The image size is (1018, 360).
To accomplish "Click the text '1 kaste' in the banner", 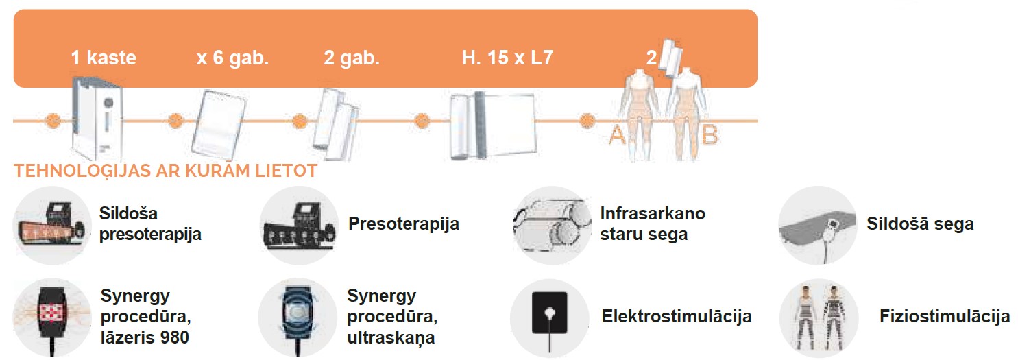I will point(104,58).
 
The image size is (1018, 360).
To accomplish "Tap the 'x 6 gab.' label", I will point(232,58).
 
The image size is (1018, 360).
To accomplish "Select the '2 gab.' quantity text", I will point(351,58).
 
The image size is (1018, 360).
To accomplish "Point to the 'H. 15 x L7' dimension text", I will point(507,58).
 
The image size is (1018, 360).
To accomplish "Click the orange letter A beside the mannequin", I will point(617,136).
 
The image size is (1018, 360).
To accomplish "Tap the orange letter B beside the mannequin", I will point(710,136).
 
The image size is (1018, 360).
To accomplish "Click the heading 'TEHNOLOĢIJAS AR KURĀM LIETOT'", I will point(165,171).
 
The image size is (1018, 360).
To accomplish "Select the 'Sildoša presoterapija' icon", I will point(52,224).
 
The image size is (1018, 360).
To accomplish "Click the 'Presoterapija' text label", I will point(403,224).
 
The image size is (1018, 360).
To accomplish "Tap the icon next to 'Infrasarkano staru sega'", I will point(550,224).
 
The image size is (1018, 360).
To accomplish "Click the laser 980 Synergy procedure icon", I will point(52,316).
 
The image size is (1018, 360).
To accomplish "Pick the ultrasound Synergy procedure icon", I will point(297,316).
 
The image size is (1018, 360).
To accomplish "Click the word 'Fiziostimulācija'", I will point(944,316).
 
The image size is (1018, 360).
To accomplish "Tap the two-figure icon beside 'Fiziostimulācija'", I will point(818,316).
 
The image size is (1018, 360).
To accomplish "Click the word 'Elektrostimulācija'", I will point(676,316).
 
